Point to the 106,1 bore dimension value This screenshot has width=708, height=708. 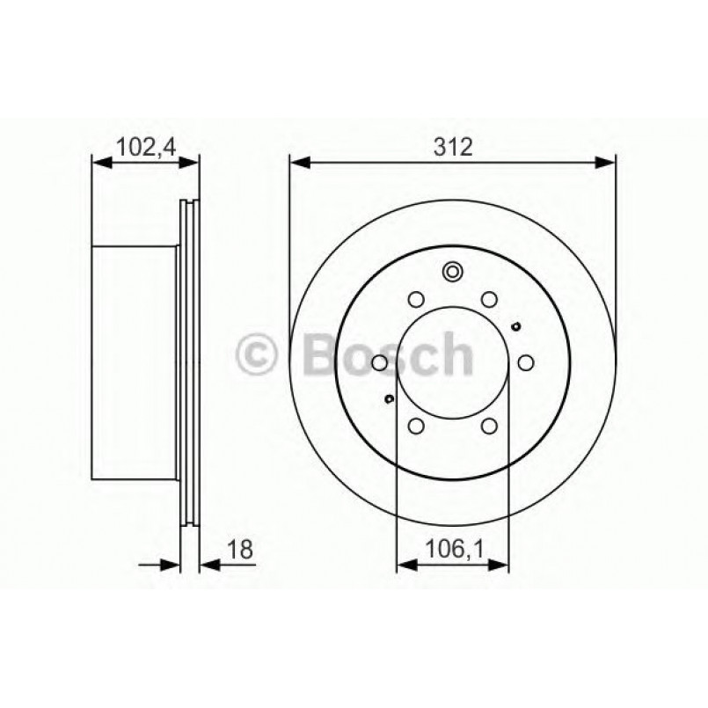[x=453, y=550]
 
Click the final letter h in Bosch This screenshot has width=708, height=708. [x=456, y=354]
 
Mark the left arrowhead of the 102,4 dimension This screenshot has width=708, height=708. [x=101, y=162]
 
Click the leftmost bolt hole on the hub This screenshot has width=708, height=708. [x=379, y=362]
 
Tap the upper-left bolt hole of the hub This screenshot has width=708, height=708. [x=416, y=298]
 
